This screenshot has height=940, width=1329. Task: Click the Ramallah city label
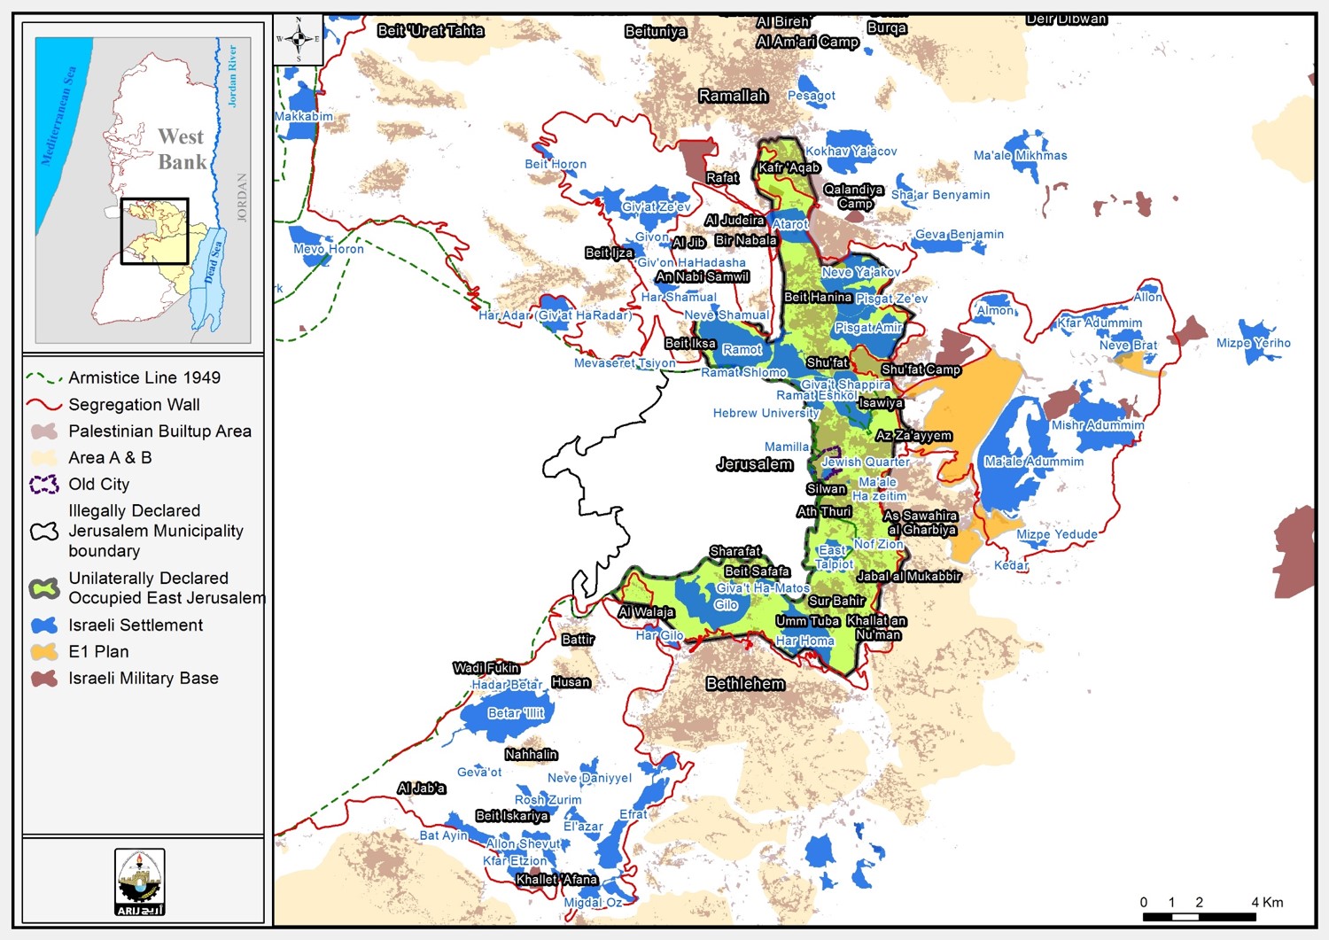(x=733, y=96)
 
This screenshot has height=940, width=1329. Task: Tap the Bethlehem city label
(x=745, y=684)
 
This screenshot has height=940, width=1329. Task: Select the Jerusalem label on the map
(x=754, y=464)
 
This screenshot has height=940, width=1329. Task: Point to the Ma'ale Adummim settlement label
(x=1034, y=462)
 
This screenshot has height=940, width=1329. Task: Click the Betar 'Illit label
(x=516, y=713)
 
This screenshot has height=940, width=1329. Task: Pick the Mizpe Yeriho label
(x=1253, y=343)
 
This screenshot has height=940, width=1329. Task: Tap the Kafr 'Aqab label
(x=789, y=167)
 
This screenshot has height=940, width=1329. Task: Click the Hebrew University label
(x=766, y=413)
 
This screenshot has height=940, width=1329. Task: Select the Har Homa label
(x=804, y=641)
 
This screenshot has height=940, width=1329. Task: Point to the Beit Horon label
(x=556, y=164)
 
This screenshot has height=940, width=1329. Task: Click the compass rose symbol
(x=299, y=39)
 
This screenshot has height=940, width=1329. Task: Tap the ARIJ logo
(x=140, y=882)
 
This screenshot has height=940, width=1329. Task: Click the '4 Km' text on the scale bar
(x=1266, y=902)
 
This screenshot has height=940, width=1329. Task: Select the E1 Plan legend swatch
(x=44, y=652)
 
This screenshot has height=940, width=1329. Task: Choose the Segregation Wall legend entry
(x=134, y=405)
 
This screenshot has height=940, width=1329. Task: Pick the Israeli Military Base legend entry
(x=143, y=679)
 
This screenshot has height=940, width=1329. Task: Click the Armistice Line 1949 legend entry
(x=144, y=377)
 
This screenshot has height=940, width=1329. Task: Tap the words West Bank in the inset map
(x=182, y=149)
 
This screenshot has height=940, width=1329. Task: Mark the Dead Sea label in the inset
(x=212, y=263)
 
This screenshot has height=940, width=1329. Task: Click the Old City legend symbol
(x=44, y=485)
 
